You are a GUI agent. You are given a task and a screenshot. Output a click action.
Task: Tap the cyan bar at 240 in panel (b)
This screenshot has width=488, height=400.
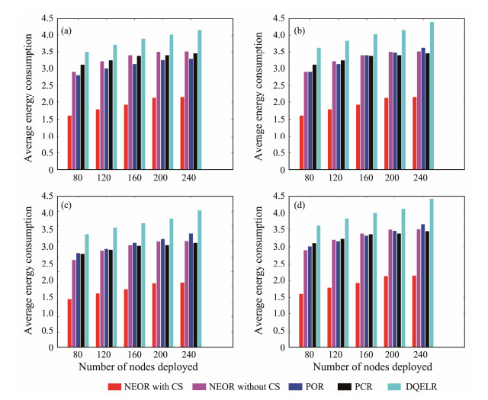[432, 94]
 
